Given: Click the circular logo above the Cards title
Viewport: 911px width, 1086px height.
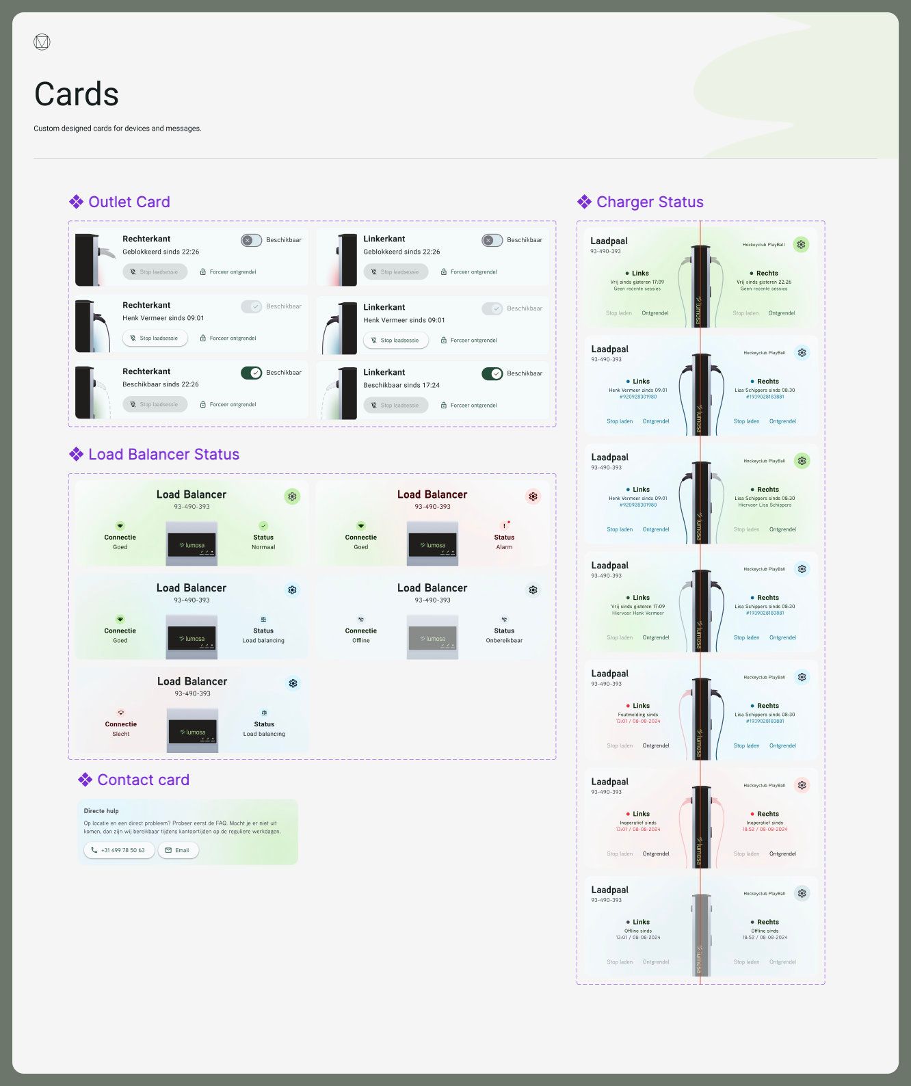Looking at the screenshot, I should tap(42, 42).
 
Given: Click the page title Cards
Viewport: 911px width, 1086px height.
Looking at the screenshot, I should tap(77, 94).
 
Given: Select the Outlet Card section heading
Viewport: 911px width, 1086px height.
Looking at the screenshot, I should tap(129, 202).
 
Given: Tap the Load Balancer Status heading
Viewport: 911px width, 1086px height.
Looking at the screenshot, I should tap(163, 454).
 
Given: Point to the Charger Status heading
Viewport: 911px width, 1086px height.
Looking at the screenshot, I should tap(649, 202).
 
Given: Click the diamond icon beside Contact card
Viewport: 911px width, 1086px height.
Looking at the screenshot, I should tap(85, 780).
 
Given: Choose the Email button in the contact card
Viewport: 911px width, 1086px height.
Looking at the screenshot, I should tap(178, 850).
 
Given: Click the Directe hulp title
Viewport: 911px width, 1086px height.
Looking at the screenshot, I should tap(101, 811).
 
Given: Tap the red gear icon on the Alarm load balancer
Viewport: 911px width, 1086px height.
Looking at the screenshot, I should tap(533, 496).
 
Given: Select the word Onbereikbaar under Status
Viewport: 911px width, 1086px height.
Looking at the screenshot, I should tap(504, 641).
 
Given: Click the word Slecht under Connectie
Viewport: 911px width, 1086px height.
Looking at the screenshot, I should tap(121, 734).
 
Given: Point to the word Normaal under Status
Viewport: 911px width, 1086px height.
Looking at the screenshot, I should tap(263, 547).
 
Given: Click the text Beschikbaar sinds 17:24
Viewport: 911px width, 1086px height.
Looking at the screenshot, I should tap(401, 385).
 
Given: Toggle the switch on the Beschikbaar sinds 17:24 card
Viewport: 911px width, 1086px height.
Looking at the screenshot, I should tap(492, 373).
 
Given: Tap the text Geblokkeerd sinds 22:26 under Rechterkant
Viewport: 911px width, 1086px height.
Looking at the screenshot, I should tap(161, 252).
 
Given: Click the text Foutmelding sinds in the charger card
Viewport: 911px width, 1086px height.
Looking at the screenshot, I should tap(637, 715).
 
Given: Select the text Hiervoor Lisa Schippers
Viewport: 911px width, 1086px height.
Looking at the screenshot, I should tap(764, 505).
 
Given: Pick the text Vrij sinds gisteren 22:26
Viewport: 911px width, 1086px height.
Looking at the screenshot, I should tap(764, 282).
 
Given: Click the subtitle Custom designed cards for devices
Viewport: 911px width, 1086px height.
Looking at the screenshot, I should tap(118, 129).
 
